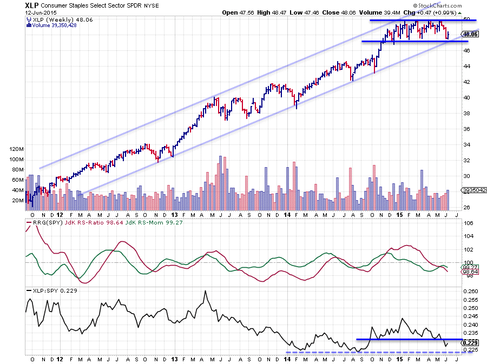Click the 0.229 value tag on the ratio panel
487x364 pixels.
click(x=470, y=342)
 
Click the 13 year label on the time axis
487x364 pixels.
click(x=174, y=359)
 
